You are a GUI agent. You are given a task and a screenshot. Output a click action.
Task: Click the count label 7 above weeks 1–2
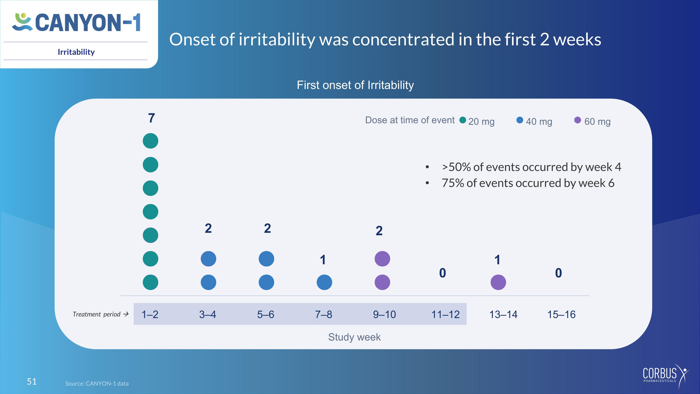tap(152, 118)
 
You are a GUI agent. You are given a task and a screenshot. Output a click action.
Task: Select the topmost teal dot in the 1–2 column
tap(150, 141)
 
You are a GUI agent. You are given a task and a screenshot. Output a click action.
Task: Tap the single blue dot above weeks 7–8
tap(325, 282)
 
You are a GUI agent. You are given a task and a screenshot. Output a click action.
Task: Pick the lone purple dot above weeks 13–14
tap(498, 282)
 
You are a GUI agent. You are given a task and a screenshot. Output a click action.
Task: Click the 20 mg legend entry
tap(477, 121)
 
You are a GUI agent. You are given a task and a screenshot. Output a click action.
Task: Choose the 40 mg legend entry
tap(535, 121)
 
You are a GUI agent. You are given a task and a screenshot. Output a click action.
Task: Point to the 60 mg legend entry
tap(593, 121)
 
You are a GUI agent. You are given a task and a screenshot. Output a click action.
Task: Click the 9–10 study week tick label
tap(384, 314)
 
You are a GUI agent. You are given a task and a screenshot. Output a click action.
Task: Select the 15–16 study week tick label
tap(561, 314)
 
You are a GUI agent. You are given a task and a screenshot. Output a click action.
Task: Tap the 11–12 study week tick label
tap(446, 314)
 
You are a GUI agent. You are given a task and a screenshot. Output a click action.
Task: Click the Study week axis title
tap(354, 337)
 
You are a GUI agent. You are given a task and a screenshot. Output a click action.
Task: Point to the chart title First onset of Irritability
tap(355, 85)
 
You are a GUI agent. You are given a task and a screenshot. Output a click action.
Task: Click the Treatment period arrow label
tap(101, 314)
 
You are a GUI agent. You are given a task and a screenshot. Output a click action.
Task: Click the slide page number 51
tap(32, 381)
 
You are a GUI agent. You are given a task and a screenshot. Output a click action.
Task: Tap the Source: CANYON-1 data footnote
tap(97, 383)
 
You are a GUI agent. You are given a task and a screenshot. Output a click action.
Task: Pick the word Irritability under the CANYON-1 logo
tap(76, 52)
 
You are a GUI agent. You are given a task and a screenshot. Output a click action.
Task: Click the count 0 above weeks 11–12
tap(443, 273)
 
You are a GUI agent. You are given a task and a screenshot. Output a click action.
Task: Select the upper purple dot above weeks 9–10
tap(382, 259)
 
